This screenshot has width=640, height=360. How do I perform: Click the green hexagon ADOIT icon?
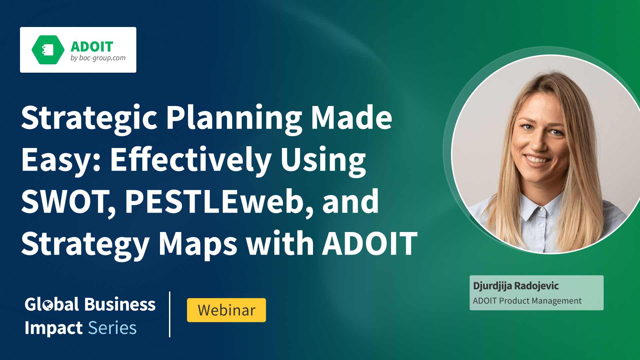[48, 50]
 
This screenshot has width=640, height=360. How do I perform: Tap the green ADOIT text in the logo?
[92, 47]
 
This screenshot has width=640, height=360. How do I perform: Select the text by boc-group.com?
[98, 58]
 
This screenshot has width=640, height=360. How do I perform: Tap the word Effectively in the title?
[191, 160]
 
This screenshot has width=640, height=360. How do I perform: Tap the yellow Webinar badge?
[226, 310]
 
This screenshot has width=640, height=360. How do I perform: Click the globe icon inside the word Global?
[48, 305]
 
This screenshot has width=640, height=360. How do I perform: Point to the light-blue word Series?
[112, 328]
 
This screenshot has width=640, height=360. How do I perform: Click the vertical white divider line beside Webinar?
[170, 314]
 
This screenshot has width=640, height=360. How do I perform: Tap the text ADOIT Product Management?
[527, 301]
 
